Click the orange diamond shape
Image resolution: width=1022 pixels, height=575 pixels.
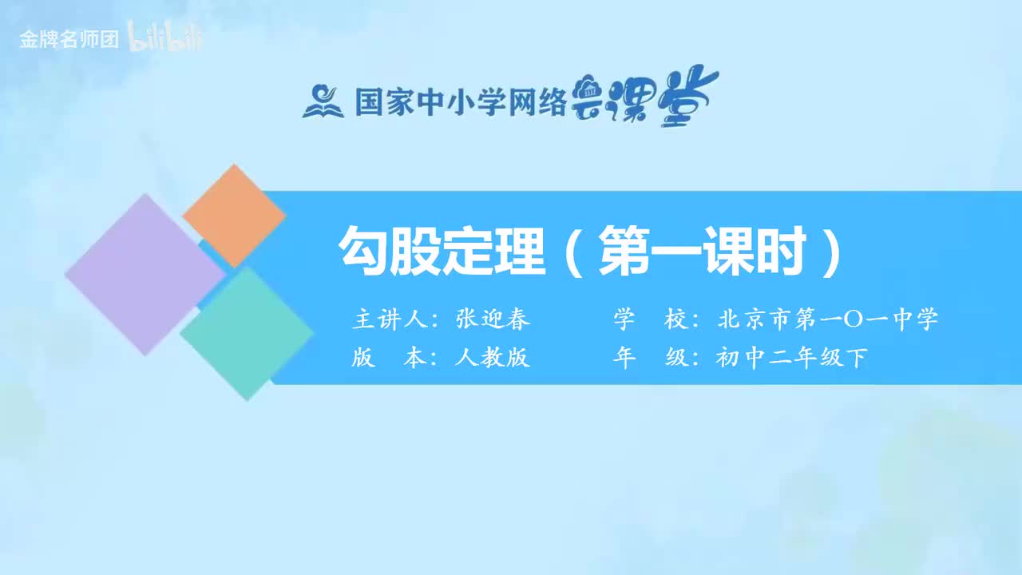pyautogui.click(x=234, y=216)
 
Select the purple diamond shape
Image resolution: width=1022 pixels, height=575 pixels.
pyautogui.click(x=145, y=274)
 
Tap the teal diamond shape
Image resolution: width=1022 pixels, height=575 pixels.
pyautogui.click(x=247, y=333)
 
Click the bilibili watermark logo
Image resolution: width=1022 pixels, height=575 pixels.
pyautogui.click(x=165, y=39)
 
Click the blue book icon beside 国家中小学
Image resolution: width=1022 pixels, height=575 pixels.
pyautogui.click(x=323, y=101)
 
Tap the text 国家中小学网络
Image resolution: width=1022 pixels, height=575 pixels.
pyautogui.click(x=460, y=102)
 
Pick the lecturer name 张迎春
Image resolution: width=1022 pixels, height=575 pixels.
pyautogui.click(x=493, y=319)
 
